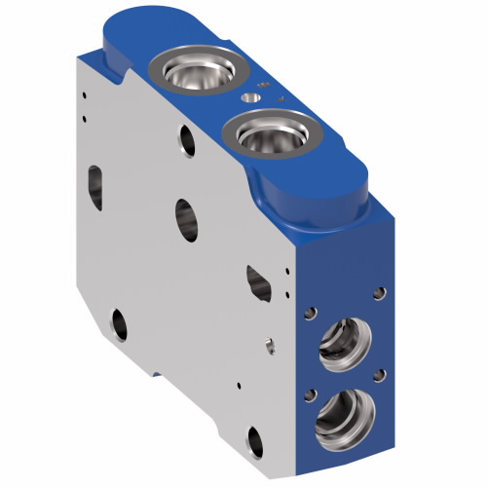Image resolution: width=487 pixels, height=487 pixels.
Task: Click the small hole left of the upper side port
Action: click(312, 314)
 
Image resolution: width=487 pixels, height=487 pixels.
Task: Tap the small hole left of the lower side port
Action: click(308, 392)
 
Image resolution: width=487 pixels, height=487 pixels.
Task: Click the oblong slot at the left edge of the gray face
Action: click(95, 182)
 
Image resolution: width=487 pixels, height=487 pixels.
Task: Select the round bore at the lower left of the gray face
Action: click(119, 322)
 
